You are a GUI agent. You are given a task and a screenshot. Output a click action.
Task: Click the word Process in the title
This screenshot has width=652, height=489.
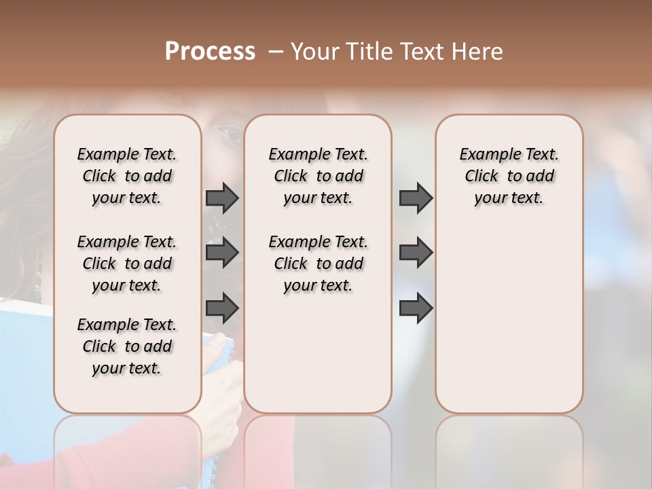pyautogui.click(x=210, y=51)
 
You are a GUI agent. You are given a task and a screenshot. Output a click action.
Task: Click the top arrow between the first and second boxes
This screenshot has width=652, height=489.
pyautogui.click(x=222, y=198)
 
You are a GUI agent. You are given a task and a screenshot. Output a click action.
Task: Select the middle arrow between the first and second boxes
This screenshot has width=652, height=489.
pyautogui.click(x=222, y=253)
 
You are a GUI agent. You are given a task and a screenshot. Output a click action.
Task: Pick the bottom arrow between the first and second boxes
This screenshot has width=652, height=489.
pyautogui.click(x=222, y=308)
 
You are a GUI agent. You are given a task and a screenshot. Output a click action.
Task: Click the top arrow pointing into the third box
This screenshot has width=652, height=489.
pyautogui.click(x=416, y=198)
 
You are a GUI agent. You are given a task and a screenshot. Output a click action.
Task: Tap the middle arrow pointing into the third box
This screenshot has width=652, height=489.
pyautogui.click(x=416, y=253)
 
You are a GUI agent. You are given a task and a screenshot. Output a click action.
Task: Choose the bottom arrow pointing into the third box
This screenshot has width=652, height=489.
pyautogui.click(x=416, y=308)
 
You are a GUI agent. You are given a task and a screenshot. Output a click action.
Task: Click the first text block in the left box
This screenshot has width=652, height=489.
pyautogui.click(x=127, y=176)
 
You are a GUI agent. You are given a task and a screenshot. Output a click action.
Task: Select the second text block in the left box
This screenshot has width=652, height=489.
pyautogui.click(x=127, y=264)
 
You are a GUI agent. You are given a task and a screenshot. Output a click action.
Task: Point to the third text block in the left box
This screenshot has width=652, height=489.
pyautogui.click(x=127, y=346)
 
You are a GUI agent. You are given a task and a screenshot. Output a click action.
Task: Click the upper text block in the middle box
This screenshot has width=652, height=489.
pyautogui.click(x=318, y=176)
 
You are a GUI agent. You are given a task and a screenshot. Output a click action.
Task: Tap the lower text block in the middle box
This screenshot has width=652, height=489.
pyautogui.click(x=318, y=264)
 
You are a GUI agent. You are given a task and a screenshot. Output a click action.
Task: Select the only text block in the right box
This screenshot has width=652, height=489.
pyautogui.click(x=509, y=176)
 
